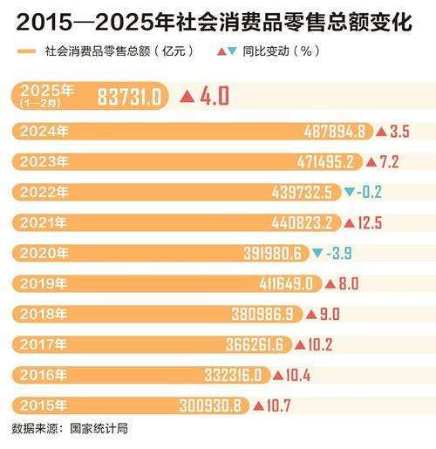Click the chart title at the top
coord(217,18)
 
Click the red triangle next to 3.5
coord(381,132)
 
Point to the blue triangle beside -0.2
coord(350,192)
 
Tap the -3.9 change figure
coord(343,252)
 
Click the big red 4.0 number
coord(214,95)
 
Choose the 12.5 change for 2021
coord(369,222)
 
